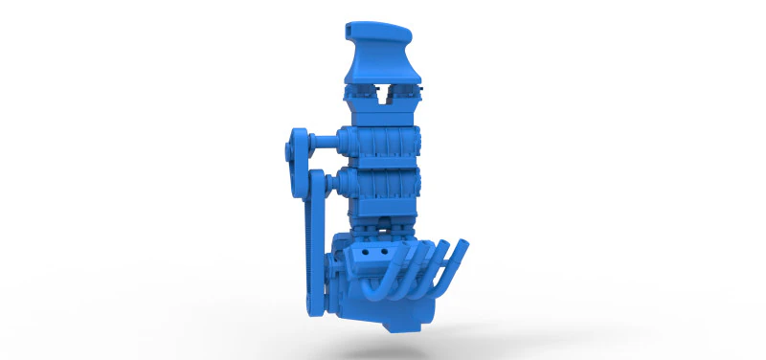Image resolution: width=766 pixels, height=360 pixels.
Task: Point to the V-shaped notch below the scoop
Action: point(383,95)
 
